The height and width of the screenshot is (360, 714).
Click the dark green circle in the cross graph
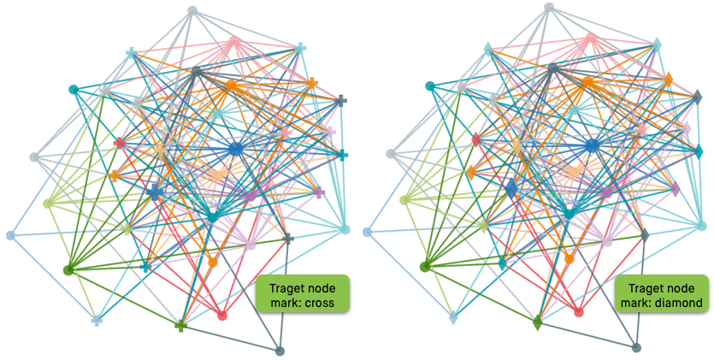tap(68, 269)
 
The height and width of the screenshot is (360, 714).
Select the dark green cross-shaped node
tap(180, 326)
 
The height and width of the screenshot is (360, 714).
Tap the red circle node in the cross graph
tap(222, 316)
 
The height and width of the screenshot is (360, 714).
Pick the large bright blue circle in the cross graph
tap(236, 149)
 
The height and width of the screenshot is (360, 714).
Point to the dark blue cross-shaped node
tap(154, 192)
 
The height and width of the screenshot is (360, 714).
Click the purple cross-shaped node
tap(319, 192)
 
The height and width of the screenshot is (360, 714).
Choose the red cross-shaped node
tap(120, 143)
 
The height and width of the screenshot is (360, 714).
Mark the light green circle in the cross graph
tap(48, 203)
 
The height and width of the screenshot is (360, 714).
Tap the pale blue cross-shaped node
tap(97, 321)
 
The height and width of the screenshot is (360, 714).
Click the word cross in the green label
tap(322, 302)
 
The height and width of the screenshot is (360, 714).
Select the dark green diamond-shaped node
tap(537, 322)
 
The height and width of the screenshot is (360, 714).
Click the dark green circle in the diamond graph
tap(425, 267)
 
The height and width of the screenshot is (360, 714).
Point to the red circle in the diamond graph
tap(579, 312)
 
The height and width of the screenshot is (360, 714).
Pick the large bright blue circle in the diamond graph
tap(593, 146)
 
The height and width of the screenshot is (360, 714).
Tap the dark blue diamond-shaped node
tap(510, 188)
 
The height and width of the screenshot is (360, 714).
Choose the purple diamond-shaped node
tap(675, 189)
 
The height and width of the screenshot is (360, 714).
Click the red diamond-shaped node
tap(476, 140)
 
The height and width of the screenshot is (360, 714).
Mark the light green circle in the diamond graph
tap(404, 200)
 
